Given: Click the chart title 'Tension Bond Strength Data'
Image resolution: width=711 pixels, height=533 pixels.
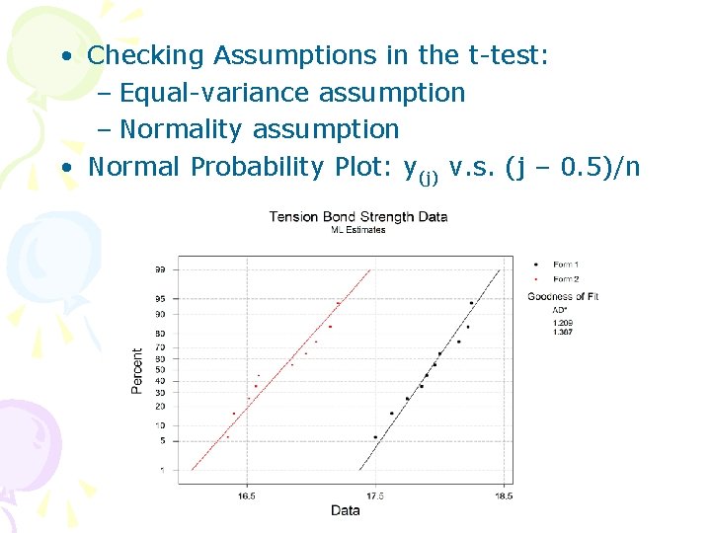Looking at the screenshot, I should click(357, 217).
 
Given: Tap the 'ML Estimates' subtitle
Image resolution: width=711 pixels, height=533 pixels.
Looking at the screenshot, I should click(357, 230).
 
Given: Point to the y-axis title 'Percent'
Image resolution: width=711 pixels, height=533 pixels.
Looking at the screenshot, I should click(137, 370).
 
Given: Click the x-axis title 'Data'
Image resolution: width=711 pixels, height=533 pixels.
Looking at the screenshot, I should click(345, 510).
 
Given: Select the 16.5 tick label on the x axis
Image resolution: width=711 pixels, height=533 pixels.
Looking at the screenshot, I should click(246, 495).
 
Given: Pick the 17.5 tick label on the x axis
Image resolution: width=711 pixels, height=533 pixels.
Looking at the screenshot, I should click(375, 495).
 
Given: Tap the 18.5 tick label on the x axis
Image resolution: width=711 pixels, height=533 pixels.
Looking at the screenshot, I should click(503, 495).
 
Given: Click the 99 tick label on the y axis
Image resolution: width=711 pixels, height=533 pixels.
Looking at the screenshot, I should click(159, 269).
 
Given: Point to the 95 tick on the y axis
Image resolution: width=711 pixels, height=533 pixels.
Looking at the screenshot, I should click(159, 298).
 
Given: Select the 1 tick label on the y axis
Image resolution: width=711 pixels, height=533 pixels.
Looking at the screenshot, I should click(162, 470).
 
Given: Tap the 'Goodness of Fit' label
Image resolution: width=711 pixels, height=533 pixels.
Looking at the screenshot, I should click(563, 296).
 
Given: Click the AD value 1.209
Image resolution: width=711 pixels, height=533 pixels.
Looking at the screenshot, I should click(562, 323).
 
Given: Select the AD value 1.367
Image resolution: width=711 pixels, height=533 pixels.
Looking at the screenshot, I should click(562, 332).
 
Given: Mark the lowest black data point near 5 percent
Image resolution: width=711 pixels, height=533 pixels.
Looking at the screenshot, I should click(375, 437).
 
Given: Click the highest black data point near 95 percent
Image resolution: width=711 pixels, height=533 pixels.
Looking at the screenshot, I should click(471, 303).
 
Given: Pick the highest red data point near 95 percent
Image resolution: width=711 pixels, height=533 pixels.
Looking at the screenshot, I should click(338, 303).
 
